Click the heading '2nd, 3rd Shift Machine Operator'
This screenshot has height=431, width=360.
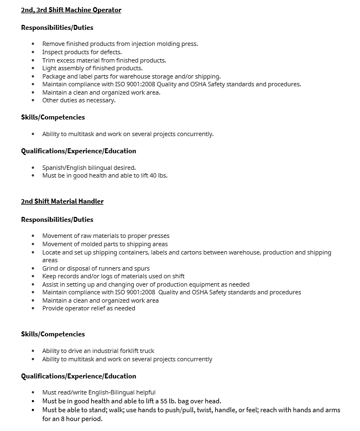pyautogui.click(x=71, y=10)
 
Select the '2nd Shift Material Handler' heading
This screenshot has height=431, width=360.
pyautogui.click(x=62, y=201)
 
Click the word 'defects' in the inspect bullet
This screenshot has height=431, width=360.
pyautogui.click(x=111, y=52)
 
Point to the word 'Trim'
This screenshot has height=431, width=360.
pyautogui.click(x=49, y=60)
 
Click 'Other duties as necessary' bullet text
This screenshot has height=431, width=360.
pyautogui.click(x=79, y=100)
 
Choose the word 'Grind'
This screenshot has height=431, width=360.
pyautogui.click(x=50, y=268)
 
